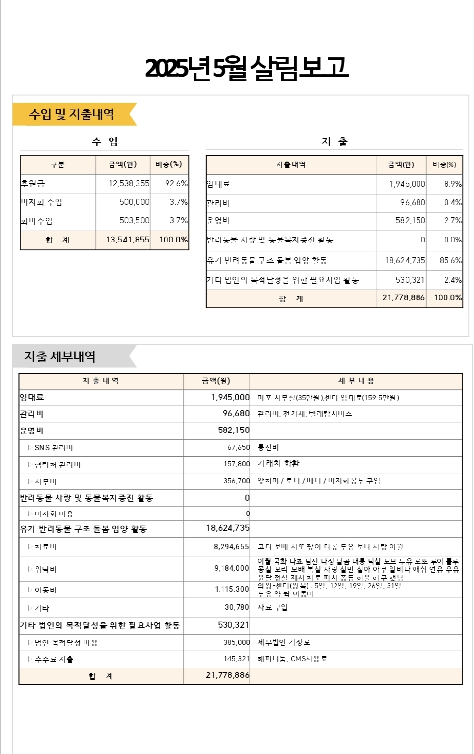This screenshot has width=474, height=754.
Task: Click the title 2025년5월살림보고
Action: coord(247,68)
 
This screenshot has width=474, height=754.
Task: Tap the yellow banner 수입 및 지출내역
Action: coord(72,114)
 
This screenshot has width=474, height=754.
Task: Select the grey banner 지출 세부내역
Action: coord(60,357)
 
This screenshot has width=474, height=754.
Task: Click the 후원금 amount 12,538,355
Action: coord(129,183)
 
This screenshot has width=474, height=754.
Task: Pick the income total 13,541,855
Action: coord(127,240)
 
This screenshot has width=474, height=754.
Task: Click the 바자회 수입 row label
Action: coord(41,202)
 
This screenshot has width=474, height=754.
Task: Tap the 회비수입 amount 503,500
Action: coord(134,220)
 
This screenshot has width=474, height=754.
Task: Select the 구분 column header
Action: coord(57,164)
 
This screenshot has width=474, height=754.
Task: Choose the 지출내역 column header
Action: coord(291,164)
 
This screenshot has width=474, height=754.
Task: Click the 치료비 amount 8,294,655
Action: coord(231,546)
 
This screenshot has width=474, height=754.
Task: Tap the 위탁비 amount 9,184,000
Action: coord(231,568)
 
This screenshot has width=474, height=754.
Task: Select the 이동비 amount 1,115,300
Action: coord(231,589)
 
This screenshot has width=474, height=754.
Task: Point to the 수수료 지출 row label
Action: coord(54,659)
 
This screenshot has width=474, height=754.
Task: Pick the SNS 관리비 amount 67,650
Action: coord(238,447)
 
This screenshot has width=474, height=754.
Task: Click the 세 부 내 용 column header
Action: coord(356,381)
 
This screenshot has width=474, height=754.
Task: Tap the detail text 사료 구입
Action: coord(273,607)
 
